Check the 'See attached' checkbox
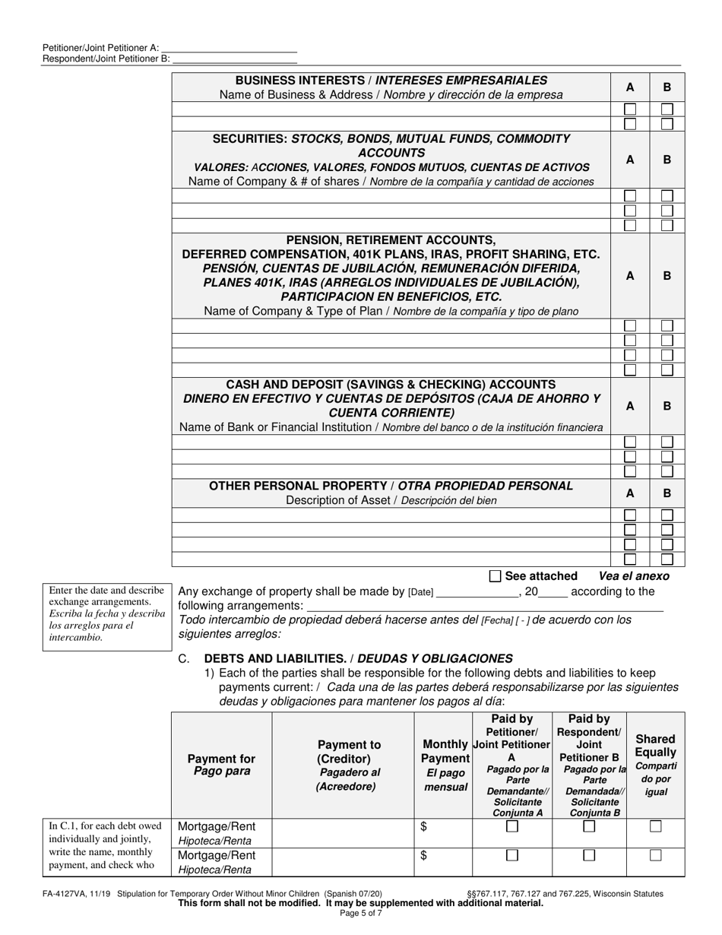[496, 576]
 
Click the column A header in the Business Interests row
[629, 87]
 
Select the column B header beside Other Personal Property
[667, 493]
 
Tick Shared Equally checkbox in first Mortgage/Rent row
[655, 826]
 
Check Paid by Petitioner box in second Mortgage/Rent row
[512, 855]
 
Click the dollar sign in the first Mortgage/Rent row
[423, 826]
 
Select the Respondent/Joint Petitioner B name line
[234, 59]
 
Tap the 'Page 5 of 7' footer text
[361, 913]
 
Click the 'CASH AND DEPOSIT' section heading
[391, 385]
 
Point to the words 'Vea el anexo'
[634, 576]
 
